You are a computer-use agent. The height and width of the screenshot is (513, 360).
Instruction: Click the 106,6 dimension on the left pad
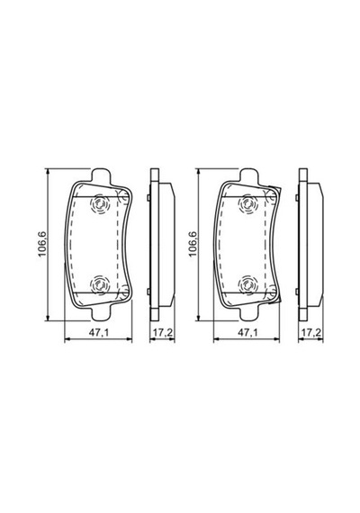click(x=43, y=244)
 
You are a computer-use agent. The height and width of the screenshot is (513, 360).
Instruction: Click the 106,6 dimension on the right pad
click(x=193, y=244)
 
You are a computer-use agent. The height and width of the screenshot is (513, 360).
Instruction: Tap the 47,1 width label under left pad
click(x=99, y=333)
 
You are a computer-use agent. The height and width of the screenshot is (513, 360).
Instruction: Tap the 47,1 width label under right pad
click(x=247, y=333)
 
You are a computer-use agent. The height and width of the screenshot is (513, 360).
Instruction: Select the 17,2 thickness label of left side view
click(x=163, y=333)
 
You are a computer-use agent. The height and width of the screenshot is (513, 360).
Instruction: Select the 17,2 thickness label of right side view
click(x=310, y=333)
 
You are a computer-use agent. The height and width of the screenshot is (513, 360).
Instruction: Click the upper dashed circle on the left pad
click(x=100, y=204)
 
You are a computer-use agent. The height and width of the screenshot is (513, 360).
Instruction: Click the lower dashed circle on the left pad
click(x=100, y=284)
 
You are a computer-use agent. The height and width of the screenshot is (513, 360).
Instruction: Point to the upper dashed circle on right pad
click(x=248, y=204)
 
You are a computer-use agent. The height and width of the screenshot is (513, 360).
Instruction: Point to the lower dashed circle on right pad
click(x=248, y=284)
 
